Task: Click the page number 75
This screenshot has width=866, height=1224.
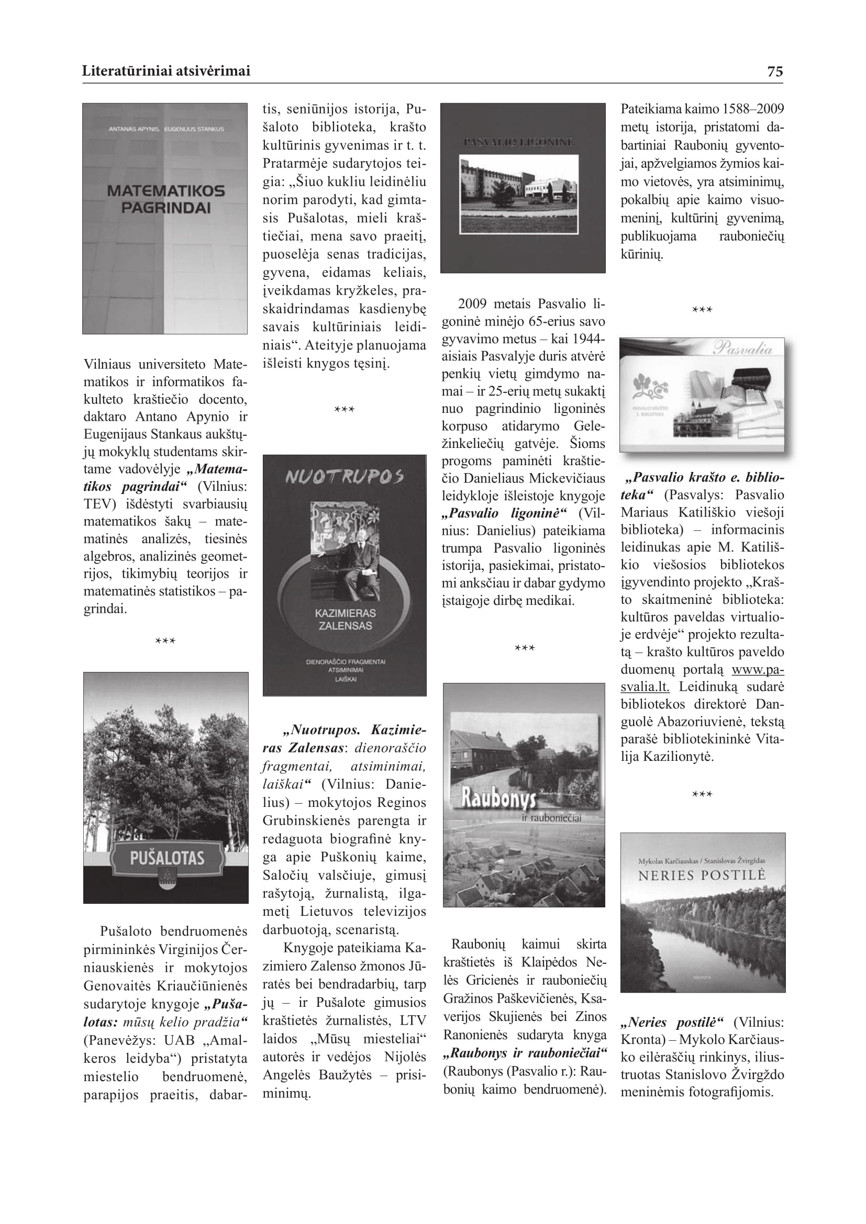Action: coord(774,72)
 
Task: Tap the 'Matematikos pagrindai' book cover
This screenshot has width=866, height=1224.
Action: coord(165,219)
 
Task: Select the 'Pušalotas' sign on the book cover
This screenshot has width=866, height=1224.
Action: coord(166,858)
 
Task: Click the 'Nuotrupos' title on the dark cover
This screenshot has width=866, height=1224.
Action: coord(345,476)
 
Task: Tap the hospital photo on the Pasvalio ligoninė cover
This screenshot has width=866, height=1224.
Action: coord(519,194)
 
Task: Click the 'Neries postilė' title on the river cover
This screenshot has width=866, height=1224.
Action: coord(702,890)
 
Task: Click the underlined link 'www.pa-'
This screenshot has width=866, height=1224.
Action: coord(757,670)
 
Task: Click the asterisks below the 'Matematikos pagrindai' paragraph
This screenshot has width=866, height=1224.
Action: coord(165,642)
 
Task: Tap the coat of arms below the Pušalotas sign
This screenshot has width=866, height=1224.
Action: coord(166,885)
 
